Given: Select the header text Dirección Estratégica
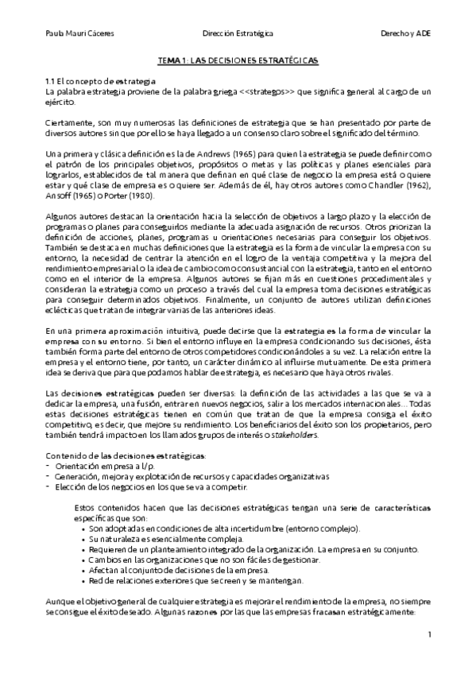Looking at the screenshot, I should [x=238, y=34].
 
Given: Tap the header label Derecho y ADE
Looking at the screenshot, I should [x=406, y=34].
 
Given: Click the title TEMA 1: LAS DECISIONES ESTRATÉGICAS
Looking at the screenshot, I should [x=238, y=60].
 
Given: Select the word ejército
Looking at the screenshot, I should [x=60, y=103].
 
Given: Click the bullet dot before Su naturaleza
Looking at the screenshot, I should [x=84, y=538].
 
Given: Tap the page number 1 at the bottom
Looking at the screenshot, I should [x=428, y=634].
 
